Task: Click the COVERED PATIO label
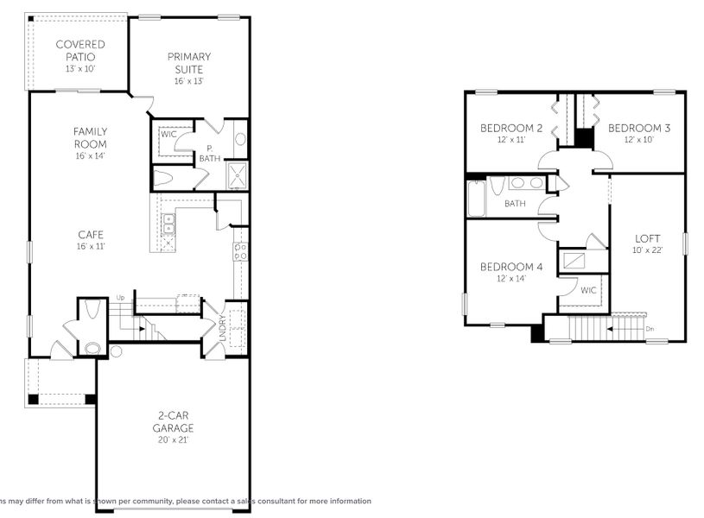(x=80, y=50)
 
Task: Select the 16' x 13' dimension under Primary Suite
(x=188, y=81)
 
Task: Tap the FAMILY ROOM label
(x=90, y=137)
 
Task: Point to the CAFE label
(x=90, y=233)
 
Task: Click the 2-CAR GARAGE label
(x=174, y=422)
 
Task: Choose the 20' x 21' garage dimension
(x=174, y=439)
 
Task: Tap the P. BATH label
(x=209, y=154)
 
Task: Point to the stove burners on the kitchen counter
(x=241, y=251)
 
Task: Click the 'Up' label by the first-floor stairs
(x=120, y=299)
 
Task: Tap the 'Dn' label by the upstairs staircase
(x=649, y=329)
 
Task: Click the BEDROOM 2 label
(x=511, y=129)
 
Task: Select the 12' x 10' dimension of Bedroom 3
(x=638, y=139)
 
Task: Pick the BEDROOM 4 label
(x=511, y=267)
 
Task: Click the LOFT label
(x=648, y=239)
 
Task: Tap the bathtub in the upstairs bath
(x=476, y=198)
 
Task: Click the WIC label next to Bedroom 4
(x=588, y=290)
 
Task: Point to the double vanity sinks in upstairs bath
(x=526, y=183)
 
